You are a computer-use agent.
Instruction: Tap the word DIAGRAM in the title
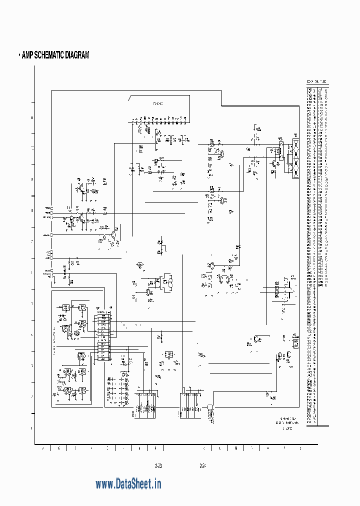78,55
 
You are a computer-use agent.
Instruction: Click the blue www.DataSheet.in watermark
128,484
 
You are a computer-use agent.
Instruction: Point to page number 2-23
159,466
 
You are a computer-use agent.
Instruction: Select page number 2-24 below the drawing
202,466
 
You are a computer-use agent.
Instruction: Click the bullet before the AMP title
19,55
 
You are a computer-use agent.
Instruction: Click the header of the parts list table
317,82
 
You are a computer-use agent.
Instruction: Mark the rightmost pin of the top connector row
185,121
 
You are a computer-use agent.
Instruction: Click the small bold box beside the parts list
295,343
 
